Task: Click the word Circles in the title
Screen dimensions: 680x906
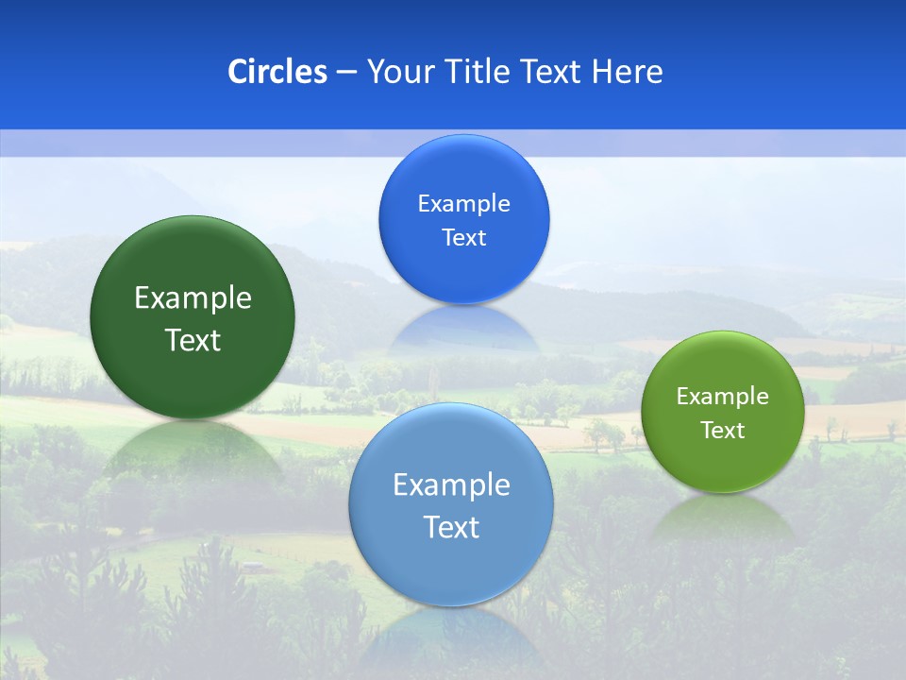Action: [277, 72]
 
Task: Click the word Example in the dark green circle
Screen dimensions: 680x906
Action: [193, 298]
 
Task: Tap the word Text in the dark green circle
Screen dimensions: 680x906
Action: [193, 340]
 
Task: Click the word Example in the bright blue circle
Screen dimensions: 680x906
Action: [463, 204]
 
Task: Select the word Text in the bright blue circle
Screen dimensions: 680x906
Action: [463, 238]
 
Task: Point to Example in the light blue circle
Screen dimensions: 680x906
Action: [451, 485]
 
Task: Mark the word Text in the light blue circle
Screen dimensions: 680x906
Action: [451, 527]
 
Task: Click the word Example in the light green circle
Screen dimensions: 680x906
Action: [722, 397]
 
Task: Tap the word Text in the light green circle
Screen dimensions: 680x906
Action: [722, 431]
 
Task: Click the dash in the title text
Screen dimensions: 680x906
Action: [346, 73]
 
